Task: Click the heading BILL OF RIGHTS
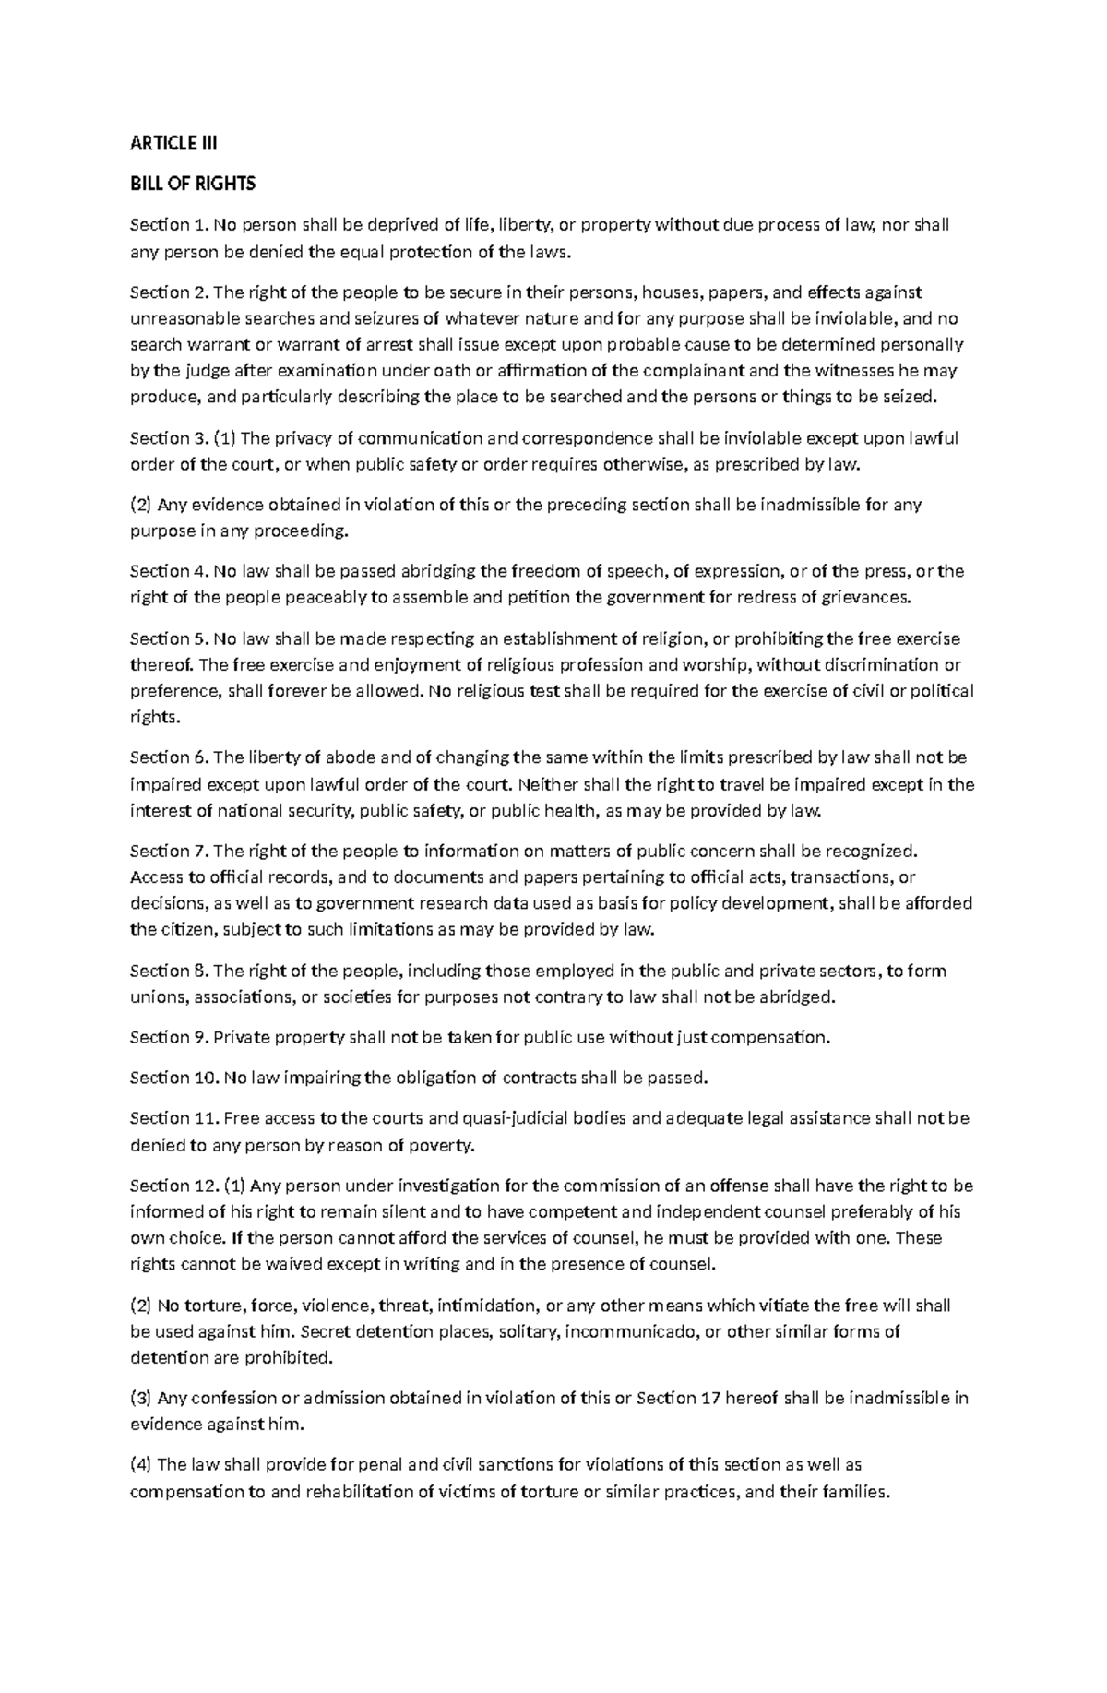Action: pos(192,184)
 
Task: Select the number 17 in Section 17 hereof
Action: pos(710,1398)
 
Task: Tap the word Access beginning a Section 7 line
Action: pos(157,876)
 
